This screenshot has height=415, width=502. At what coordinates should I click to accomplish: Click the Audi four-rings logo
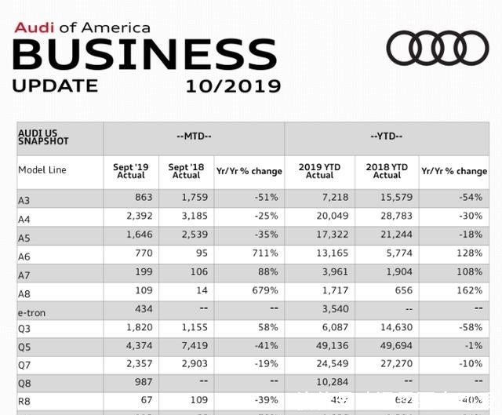pyautogui.click(x=438, y=49)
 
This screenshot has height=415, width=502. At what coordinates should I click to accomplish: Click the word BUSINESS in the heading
pyautogui.click(x=145, y=55)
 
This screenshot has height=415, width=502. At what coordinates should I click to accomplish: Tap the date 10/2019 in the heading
pyautogui.click(x=233, y=85)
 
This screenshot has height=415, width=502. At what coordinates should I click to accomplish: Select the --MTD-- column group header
pyautogui.click(x=194, y=137)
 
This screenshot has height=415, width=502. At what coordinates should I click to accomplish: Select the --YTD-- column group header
pyautogui.click(x=386, y=137)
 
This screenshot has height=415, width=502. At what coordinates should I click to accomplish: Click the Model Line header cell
pyautogui.click(x=42, y=170)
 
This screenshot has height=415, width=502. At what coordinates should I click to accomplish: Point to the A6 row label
pyautogui.click(x=24, y=257)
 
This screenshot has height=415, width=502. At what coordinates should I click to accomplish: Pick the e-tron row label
pyautogui.click(x=31, y=313)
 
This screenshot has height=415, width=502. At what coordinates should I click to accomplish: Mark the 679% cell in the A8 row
pyautogui.click(x=264, y=291)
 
